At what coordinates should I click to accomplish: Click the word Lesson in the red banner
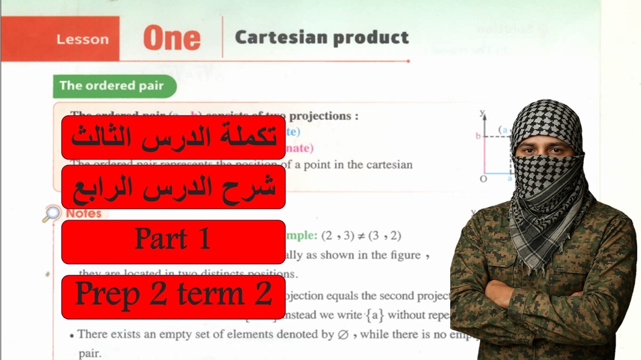[x=83, y=39]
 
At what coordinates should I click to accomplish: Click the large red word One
[x=172, y=38]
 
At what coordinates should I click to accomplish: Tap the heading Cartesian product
[x=322, y=37]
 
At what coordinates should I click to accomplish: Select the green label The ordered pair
[x=112, y=85]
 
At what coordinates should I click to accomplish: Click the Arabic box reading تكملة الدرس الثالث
[x=173, y=137]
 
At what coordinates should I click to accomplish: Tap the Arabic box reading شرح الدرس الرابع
[x=173, y=186]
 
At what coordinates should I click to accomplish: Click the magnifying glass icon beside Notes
[x=51, y=214]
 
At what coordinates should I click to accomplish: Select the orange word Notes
[x=84, y=213]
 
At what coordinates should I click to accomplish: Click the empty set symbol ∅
[x=343, y=334]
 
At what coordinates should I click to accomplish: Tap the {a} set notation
[x=375, y=315]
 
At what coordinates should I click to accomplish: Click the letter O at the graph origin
[x=483, y=179]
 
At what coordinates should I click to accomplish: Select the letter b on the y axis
[x=478, y=136]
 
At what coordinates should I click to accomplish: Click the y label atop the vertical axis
[x=482, y=112]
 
